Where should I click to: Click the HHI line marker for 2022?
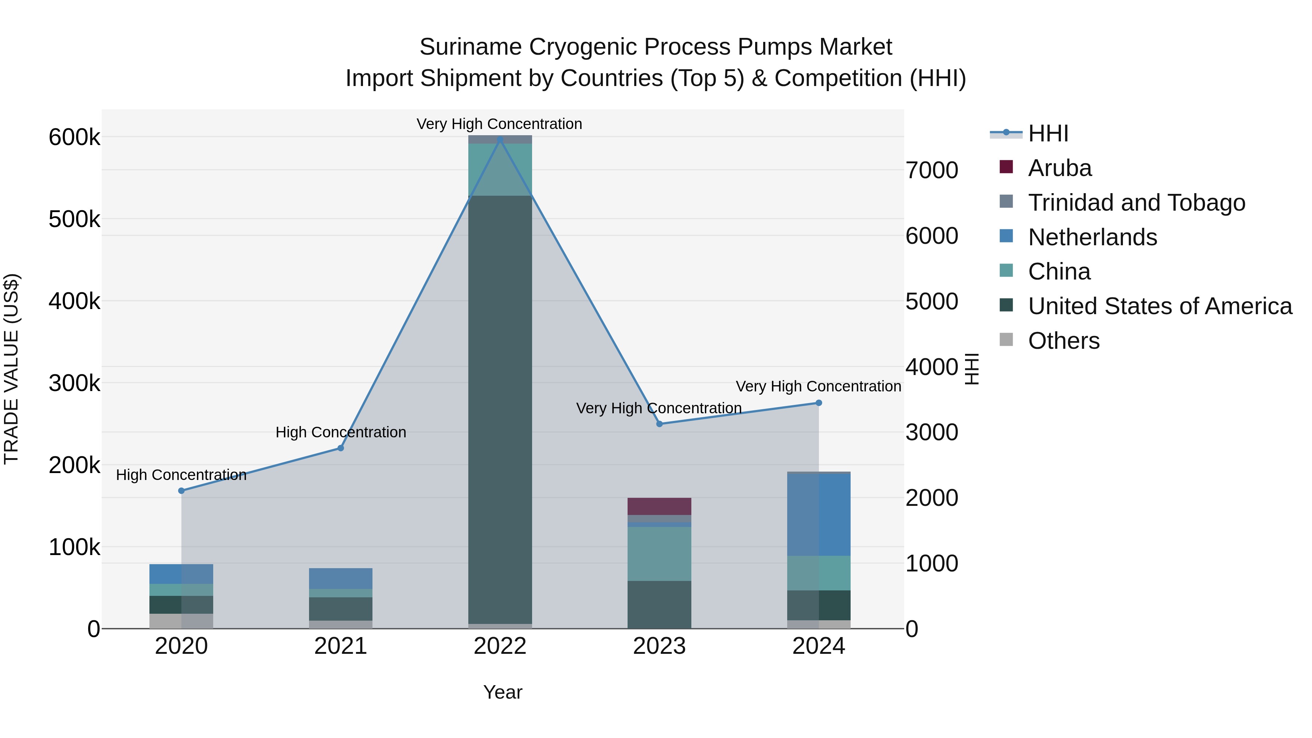(x=500, y=140)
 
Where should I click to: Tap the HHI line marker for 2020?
(x=181, y=491)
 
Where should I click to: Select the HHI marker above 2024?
(x=819, y=403)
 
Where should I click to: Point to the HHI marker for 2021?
(x=341, y=448)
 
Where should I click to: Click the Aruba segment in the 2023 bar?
(x=659, y=506)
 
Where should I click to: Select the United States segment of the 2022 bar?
(x=500, y=407)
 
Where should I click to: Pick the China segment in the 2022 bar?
(x=500, y=169)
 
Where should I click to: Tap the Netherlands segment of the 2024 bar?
(x=819, y=514)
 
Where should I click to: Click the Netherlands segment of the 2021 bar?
(x=341, y=578)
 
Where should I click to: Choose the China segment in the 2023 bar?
(x=659, y=554)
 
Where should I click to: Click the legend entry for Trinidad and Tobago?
(x=1136, y=203)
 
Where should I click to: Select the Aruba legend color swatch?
(x=1006, y=167)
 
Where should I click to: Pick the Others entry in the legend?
(x=1063, y=341)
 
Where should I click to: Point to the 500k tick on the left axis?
(x=74, y=219)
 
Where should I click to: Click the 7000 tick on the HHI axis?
(x=932, y=170)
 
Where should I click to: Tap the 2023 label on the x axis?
(x=659, y=646)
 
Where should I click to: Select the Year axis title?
(x=503, y=692)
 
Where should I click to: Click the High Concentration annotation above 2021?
(x=341, y=432)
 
